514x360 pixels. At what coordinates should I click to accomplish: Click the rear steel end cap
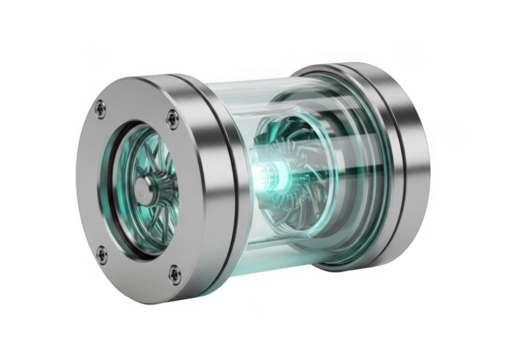click(x=400, y=160)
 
